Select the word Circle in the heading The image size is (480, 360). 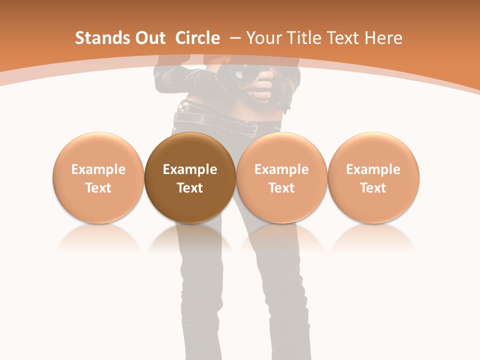[197, 38]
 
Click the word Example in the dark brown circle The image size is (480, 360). [190, 169]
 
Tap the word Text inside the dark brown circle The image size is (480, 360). [190, 188]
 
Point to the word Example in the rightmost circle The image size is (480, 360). [373, 169]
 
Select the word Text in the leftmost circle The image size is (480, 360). [98, 188]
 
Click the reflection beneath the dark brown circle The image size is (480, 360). [190, 237]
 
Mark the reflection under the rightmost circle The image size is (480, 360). [373, 237]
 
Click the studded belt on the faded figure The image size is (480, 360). [215, 120]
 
